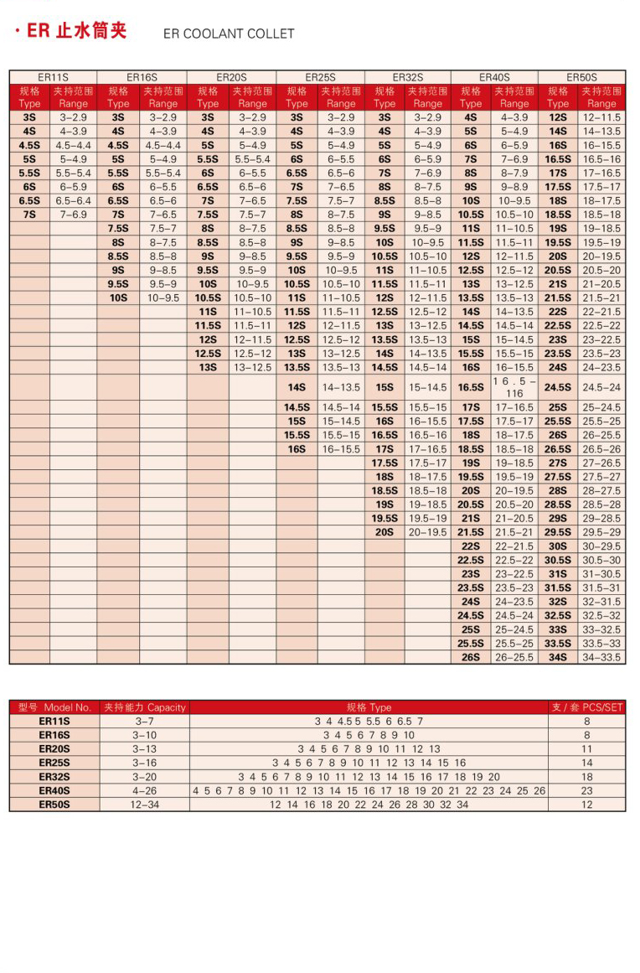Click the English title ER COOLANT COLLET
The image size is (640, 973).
click(229, 34)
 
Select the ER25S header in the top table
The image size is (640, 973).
click(320, 77)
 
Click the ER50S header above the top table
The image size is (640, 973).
click(581, 77)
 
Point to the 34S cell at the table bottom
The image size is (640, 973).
click(558, 657)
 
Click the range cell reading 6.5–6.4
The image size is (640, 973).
click(74, 201)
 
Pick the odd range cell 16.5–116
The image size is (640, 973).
click(514, 387)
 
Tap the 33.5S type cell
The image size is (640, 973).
click(558, 644)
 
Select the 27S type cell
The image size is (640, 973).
click(558, 463)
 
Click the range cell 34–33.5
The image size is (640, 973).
click(601, 657)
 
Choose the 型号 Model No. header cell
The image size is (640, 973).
click(54, 707)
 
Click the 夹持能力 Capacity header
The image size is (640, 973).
click(144, 707)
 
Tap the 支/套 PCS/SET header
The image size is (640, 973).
click(587, 707)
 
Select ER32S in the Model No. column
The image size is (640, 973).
click(54, 777)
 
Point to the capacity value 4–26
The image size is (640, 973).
click(144, 790)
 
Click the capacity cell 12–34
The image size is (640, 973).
click(144, 805)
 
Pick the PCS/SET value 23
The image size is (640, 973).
click(587, 790)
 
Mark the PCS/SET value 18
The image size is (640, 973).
click(587, 777)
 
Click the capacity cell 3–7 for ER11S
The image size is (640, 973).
click(144, 721)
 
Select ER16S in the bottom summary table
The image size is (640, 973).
click(54, 735)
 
